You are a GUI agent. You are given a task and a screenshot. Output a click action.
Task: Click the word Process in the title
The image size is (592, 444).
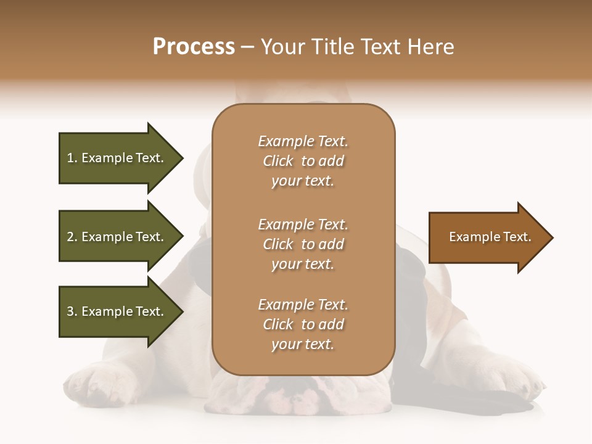[x=194, y=47]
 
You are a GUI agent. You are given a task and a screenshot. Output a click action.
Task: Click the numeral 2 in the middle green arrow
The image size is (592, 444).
[x=70, y=237]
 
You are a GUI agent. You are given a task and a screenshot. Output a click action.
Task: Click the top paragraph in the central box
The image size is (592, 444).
[x=303, y=161]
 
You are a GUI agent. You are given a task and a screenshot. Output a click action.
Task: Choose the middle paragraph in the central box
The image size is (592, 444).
[x=303, y=244]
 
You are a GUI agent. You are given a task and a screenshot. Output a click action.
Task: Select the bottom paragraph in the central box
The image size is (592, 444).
[x=303, y=324]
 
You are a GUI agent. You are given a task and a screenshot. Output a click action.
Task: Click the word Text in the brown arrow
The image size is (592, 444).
[x=517, y=237]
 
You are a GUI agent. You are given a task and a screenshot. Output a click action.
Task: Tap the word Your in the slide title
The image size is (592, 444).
[x=283, y=47]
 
